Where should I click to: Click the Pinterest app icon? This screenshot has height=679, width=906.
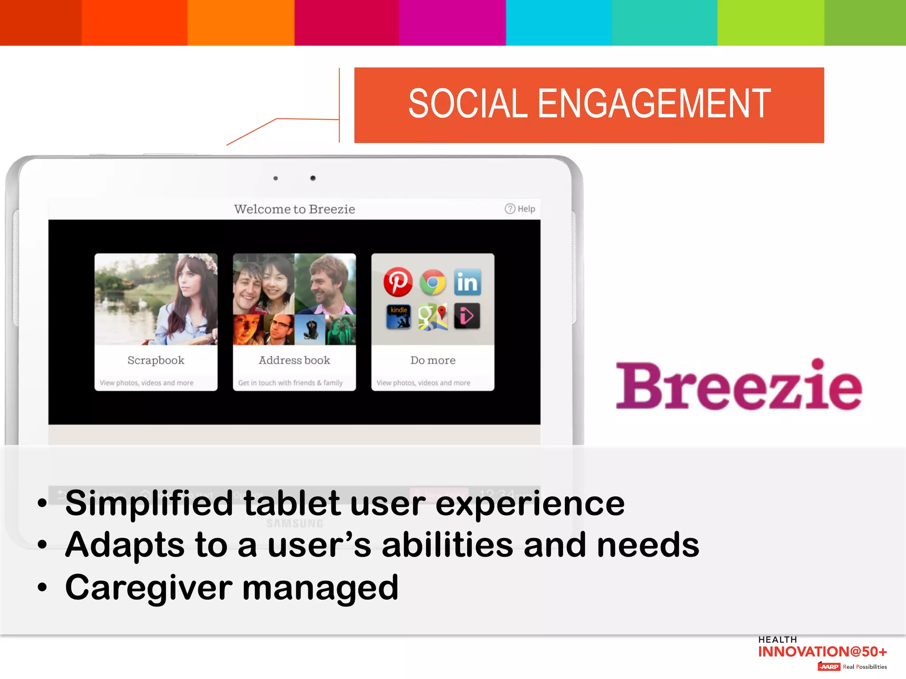398,282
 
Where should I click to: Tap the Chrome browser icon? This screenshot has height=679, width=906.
433,282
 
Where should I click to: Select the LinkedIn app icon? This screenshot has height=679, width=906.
467,282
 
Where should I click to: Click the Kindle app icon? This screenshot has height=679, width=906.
398,317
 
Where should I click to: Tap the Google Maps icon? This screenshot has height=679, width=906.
433,317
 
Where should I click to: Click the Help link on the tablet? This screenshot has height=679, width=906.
520,209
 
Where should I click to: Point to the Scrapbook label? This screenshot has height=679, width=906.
156,360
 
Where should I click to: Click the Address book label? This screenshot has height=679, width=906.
294,360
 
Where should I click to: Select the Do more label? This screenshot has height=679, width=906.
433,360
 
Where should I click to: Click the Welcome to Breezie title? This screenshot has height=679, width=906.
294,209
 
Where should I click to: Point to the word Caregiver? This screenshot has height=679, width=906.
149,588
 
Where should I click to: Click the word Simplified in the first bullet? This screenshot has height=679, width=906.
149,503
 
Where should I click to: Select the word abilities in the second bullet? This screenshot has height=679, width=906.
447,545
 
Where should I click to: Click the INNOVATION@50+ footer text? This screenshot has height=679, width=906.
822,652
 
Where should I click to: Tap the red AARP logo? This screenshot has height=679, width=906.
829,667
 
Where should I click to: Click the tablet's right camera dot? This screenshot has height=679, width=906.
313,178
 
